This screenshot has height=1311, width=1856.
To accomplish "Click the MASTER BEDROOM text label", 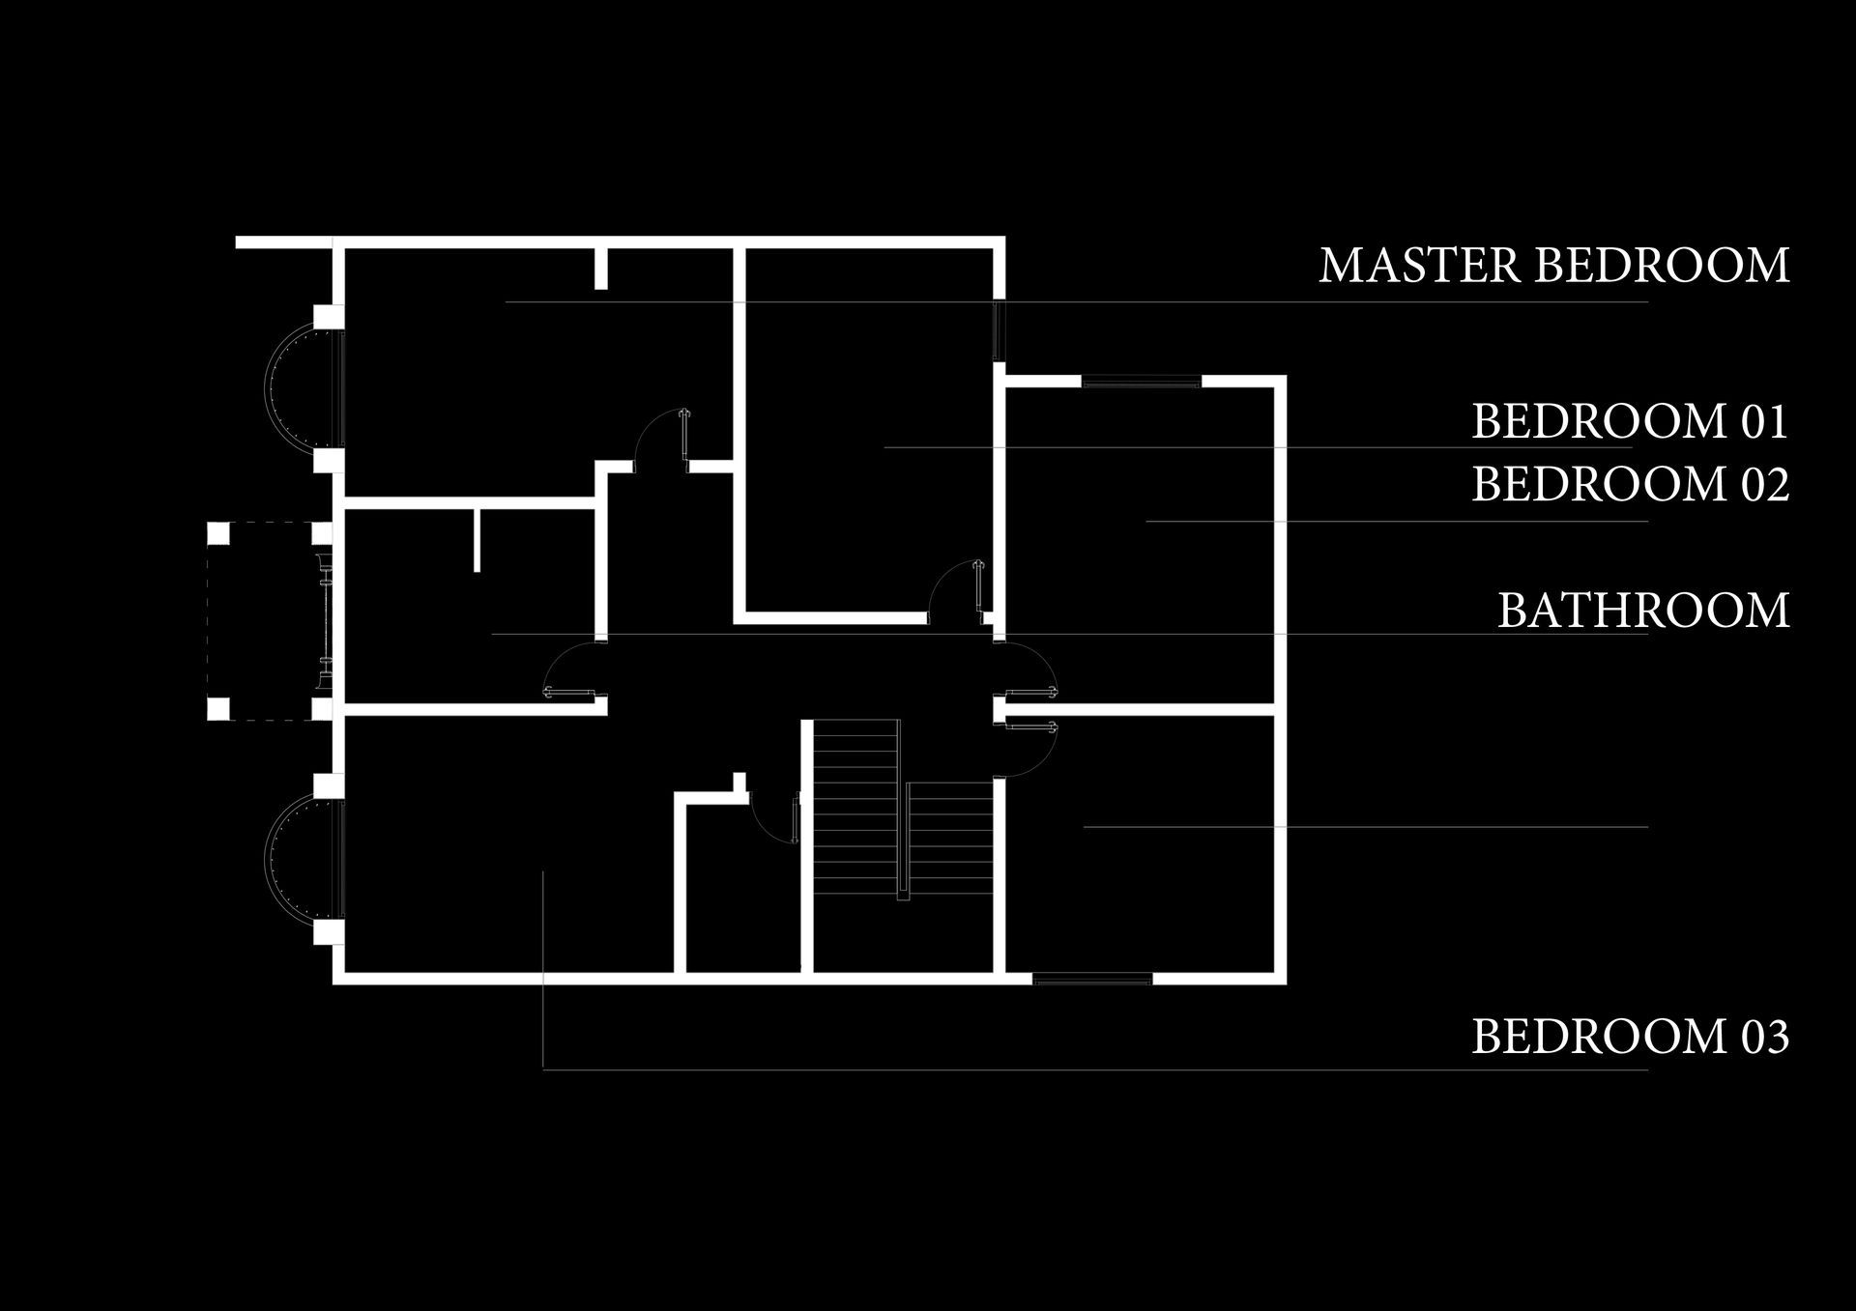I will click(1553, 266).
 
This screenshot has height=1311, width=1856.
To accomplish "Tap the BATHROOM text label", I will click(1643, 611).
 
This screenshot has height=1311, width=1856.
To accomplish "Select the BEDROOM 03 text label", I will click(1630, 1037).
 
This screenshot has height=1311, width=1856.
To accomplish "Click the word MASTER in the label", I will click(1418, 266).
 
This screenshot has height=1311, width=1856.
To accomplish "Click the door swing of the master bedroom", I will click(658, 439).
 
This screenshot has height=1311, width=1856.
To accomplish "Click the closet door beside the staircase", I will click(774, 817).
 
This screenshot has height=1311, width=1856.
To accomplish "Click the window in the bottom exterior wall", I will click(1092, 979).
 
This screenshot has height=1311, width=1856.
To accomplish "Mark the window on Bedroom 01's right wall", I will click(1000, 330).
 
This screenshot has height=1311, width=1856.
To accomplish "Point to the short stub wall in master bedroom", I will click(600, 268).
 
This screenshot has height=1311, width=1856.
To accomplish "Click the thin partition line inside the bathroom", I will click(477, 538).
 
